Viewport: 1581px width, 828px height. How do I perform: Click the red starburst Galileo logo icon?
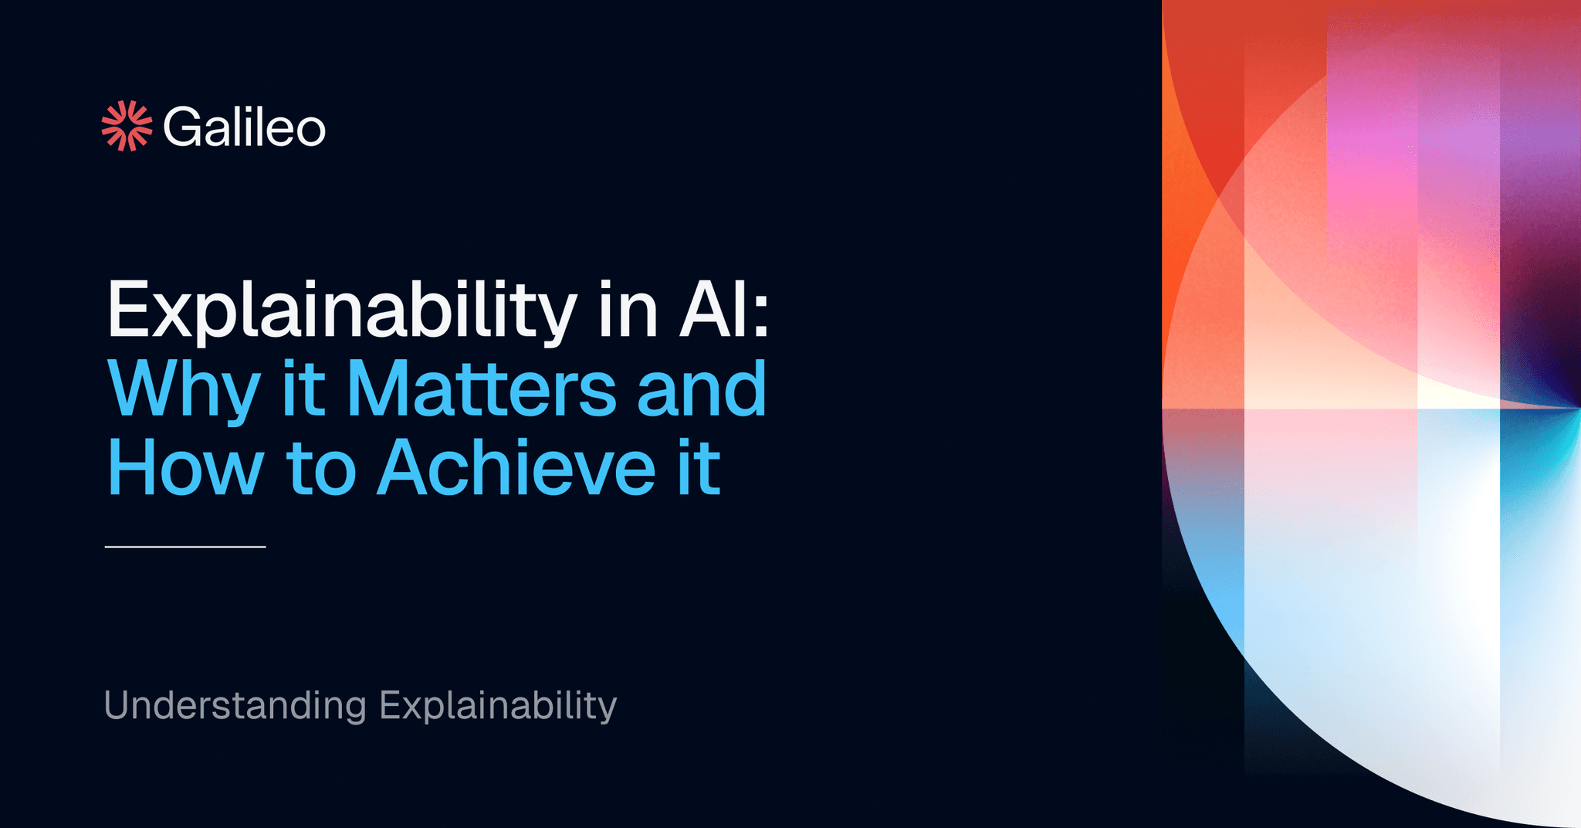tap(127, 126)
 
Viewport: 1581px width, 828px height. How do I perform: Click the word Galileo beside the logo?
tap(244, 127)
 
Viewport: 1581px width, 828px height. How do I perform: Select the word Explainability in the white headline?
tap(342, 310)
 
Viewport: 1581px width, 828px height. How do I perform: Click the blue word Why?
tap(184, 389)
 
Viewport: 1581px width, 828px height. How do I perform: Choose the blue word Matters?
tap(481, 388)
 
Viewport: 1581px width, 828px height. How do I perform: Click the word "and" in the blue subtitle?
tap(702, 388)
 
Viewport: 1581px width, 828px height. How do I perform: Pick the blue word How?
tap(185, 467)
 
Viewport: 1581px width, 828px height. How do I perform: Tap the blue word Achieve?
tap(516, 467)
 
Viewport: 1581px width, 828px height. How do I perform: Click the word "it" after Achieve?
tap(699, 467)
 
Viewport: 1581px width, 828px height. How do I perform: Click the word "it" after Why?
tap(303, 388)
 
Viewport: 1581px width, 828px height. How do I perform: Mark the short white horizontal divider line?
tap(185, 547)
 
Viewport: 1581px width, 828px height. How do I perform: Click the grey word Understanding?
tap(235, 705)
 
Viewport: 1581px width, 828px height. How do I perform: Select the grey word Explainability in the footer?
tap(498, 705)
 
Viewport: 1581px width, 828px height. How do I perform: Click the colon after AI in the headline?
tap(761, 317)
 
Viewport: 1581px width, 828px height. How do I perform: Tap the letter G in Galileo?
tap(182, 127)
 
